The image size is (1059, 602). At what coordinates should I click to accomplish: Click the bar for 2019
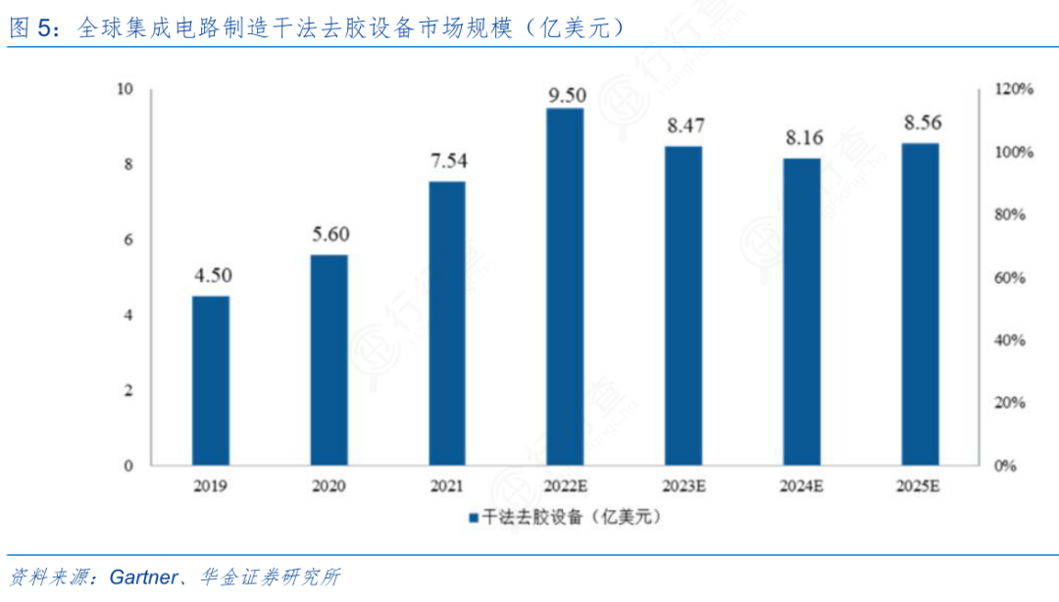pyautogui.click(x=210, y=380)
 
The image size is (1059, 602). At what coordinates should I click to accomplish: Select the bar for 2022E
pyautogui.click(x=565, y=286)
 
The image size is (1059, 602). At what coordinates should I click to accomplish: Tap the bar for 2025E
pyautogui.click(x=920, y=304)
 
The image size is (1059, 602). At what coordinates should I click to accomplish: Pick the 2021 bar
pyautogui.click(x=447, y=323)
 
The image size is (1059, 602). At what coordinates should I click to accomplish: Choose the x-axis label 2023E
pyautogui.click(x=682, y=484)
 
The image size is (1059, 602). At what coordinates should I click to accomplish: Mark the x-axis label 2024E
pyautogui.click(x=802, y=484)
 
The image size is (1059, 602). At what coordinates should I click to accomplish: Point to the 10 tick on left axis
pyautogui.click(x=125, y=89)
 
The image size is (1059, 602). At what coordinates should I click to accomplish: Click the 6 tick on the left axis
pyautogui.click(x=127, y=240)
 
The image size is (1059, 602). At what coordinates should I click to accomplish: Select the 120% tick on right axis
pyautogui.click(x=1013, y=89)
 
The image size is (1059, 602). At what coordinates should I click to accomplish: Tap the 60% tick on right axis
pyautogui.click(x=1010, y=277)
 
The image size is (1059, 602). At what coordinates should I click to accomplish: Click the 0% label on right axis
pyautogui.click(x=1006, y=466)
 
